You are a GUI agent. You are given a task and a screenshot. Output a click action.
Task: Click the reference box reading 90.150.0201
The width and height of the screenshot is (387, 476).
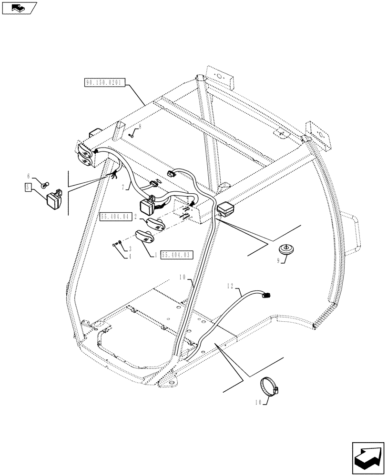[104, 82]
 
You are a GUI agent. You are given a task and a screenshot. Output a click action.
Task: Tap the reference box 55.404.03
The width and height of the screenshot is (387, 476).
[176, 255]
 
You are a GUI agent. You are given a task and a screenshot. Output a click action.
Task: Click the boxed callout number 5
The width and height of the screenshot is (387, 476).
[28, 187]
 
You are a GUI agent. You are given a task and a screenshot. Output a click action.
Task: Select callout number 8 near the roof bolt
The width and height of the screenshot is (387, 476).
[140, 127]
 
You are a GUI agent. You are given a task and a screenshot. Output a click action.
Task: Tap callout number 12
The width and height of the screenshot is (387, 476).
[231, 286]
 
